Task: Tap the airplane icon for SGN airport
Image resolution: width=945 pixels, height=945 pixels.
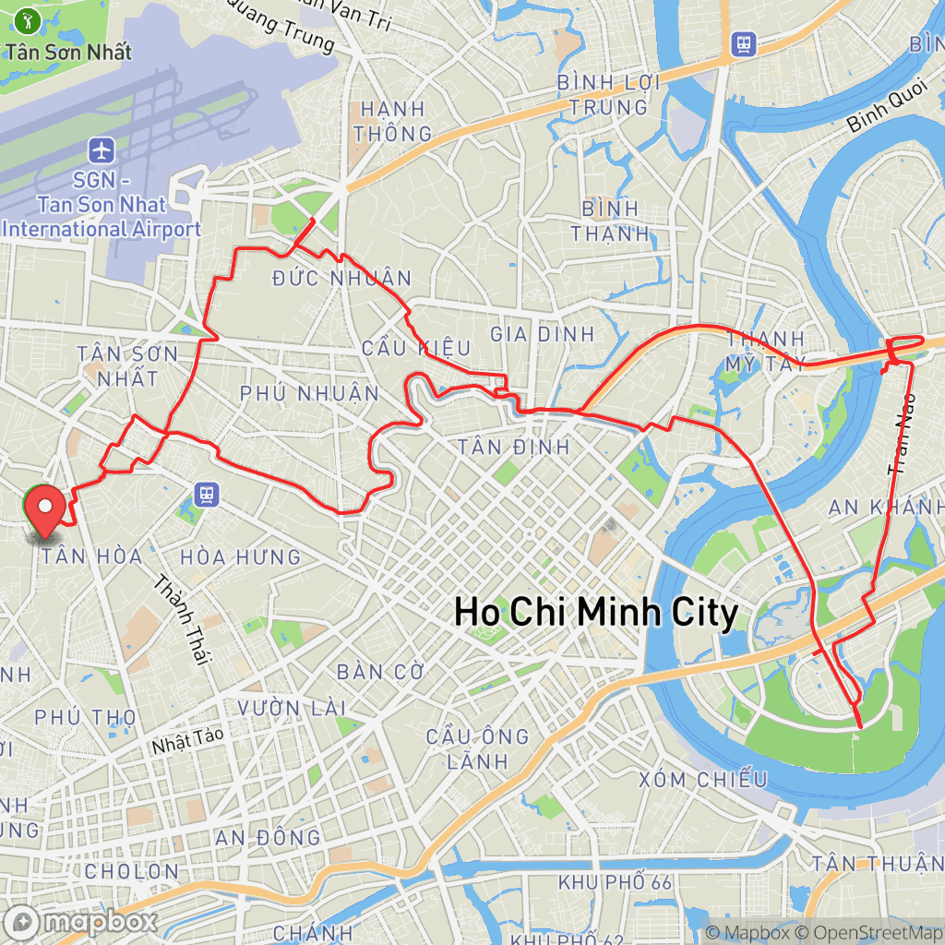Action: click(x=101, y=149)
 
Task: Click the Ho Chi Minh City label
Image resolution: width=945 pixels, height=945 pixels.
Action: click(x=596, y=613)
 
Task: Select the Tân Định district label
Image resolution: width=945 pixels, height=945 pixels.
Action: click(x=514, y=448)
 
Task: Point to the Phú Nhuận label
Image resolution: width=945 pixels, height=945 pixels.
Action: click(x=309, y=393)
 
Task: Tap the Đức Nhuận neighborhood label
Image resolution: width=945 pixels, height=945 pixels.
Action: click(x=342, y=278)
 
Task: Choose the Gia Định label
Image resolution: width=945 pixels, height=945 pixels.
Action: click(x=543, y=333)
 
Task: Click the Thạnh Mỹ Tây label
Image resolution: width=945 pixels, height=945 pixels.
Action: click(x=765, y=351)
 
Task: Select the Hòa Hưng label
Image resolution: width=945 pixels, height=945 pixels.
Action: click(x=240, y=556)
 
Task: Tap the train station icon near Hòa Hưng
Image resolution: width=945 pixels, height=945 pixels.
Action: click(x=206, y=496)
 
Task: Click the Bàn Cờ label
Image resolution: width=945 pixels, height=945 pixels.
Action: click(x=373, y=671)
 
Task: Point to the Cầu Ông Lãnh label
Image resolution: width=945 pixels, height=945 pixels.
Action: click(x=477, y=748)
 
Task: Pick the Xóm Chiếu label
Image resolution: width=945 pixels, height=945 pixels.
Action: click(x=702, y=779)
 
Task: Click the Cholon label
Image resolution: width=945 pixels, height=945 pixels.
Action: click(x=131, y=871)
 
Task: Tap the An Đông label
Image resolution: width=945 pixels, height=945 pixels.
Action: click(x=268, y=837)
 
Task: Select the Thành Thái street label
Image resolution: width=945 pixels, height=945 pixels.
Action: click(x=183, y=619)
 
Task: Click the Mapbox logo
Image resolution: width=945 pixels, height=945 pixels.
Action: click(x=81, y=921)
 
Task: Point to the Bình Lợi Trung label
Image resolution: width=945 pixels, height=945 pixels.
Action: click(x=608, y=94)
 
